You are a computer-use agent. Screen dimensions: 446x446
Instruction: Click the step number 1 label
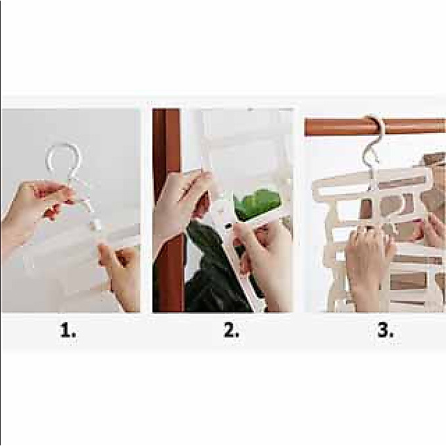[68, 330]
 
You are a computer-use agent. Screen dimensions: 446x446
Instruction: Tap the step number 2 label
[231, 330]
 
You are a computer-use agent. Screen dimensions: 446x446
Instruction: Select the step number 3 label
[385, 330]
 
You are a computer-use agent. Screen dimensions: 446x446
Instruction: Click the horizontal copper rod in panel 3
[342, 127]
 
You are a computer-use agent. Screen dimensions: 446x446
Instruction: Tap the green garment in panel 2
[257, 204]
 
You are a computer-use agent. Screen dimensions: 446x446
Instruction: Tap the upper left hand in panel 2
[182, 205]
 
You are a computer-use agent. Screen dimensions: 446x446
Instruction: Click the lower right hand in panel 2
[262, 256]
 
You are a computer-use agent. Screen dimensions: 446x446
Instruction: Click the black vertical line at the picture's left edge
[1, 223]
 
